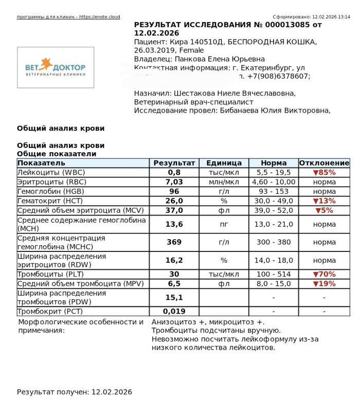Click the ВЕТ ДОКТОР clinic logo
tap(56, 67)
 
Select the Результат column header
tap(174, 163)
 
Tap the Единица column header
tap(224, 163)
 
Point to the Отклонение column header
tap(324, 163)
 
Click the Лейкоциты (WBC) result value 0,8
tap(174, 173)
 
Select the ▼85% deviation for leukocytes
tap(324, 173)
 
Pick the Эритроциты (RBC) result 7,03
tap(174, 182)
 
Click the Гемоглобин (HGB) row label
tap(47, 191)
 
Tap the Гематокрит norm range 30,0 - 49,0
tap(274, 201)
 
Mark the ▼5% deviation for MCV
tap(324, 210)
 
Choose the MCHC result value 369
tap(174, 242)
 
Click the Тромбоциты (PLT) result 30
tap(174, 274)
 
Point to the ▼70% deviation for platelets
tap(324, 274)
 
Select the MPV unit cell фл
tap(224, 284)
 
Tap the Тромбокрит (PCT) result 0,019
tap(174, 311)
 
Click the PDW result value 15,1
tap(174, 297)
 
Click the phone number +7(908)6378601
tap(281, 76)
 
